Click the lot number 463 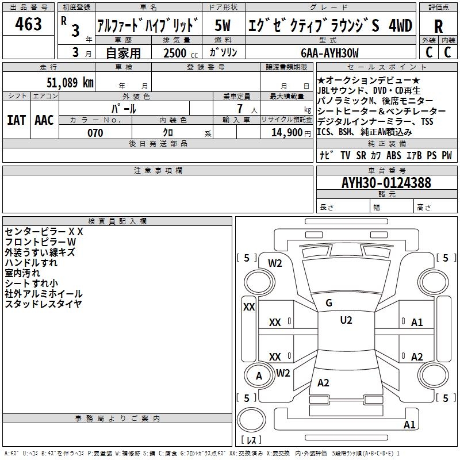pos(28,24)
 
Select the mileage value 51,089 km pos(70,82)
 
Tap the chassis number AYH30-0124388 pos(386,183)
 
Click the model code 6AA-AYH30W pos(329,53)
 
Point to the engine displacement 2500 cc pos(181,53)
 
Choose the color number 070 pos(95,133)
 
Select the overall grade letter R pos(438,26)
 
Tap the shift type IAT pos(17,120)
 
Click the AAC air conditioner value pos(44,120)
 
